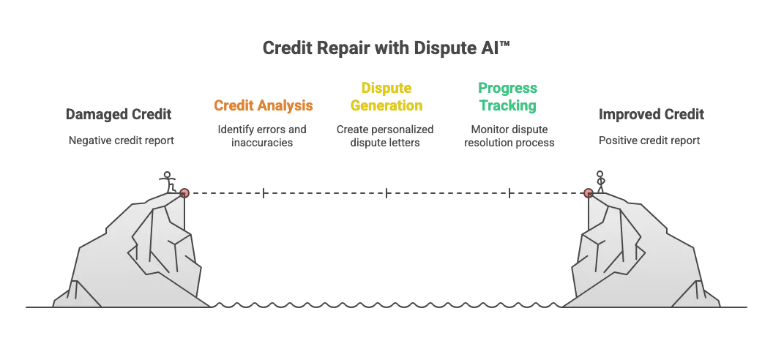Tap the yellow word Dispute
386,88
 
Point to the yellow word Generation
386,105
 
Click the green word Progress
509,88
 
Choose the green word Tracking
509,106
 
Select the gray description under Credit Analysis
263,137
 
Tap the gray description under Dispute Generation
384,137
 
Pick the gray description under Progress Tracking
509,137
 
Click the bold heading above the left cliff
120,116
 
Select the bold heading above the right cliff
651,116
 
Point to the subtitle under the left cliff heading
120,139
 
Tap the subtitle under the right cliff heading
650,139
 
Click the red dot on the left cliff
184,193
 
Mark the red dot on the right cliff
588,193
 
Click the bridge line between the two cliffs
386,193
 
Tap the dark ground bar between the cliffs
386,304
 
